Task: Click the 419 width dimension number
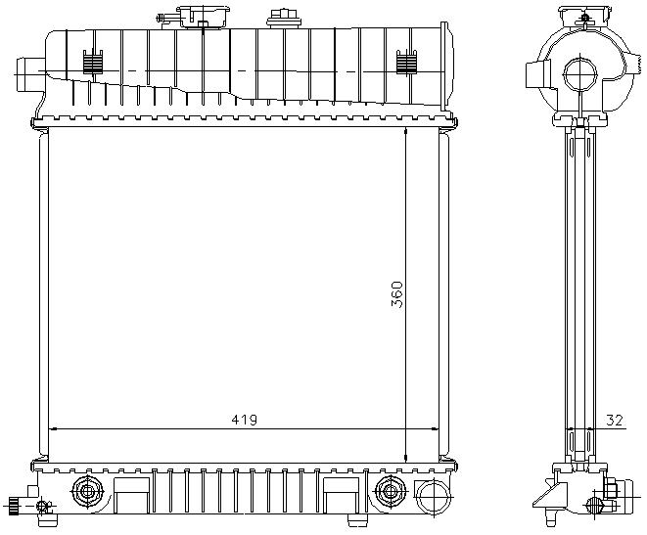pyautogui.click(x=245, y=420)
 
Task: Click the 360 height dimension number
pyautogui.click(x=397, y=294)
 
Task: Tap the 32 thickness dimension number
pyautogui.click(x=614, y=421)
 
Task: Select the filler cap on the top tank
pyautogui.click(x=204, y=17)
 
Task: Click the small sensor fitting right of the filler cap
pyautogui.click(x=283, y=19)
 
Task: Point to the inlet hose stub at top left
pyautogui.click(x=29, y=74)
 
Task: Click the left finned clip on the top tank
pyautogui.click(x=93, y=63)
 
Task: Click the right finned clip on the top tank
pyautogui.click(x=406, y=63)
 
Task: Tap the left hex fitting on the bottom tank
pyautogui.click(x=87, y=491)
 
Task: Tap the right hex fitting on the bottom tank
pyautogui.click(x=390, y=491)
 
